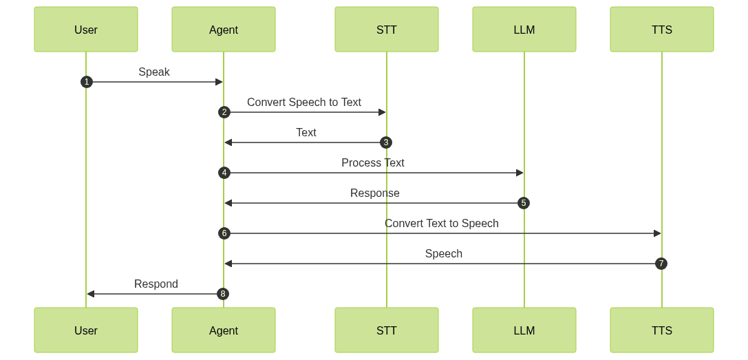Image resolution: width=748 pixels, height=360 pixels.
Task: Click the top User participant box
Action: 86,30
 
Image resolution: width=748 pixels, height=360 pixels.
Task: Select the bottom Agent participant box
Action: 224,330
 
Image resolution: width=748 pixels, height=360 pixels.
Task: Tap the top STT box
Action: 387,30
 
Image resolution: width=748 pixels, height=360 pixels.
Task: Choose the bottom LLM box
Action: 524,330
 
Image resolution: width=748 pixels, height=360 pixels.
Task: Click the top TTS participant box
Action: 662,30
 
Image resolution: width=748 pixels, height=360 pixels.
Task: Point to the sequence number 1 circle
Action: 86,82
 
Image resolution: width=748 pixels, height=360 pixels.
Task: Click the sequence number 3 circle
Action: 386,142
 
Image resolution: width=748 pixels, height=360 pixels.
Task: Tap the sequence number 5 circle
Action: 524,203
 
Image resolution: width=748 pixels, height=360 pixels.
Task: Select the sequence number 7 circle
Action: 661,264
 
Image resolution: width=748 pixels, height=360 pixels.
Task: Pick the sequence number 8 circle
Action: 222,294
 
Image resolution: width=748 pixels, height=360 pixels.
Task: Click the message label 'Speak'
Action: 154,72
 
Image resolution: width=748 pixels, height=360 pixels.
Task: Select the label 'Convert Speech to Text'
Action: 304,102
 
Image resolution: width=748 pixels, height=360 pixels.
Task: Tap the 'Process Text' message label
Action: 373,162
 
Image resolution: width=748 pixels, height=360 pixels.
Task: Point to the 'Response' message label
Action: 375,193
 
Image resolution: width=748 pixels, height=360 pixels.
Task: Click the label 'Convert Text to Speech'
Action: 442,223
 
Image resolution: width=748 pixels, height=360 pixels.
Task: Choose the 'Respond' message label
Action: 156,284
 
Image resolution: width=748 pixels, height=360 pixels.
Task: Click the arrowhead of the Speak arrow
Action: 220,82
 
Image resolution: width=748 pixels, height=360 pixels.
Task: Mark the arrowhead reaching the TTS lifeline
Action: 657,233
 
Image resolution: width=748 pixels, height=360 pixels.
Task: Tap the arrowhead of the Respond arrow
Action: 90,294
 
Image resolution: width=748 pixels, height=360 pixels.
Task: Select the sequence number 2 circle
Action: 224,112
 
